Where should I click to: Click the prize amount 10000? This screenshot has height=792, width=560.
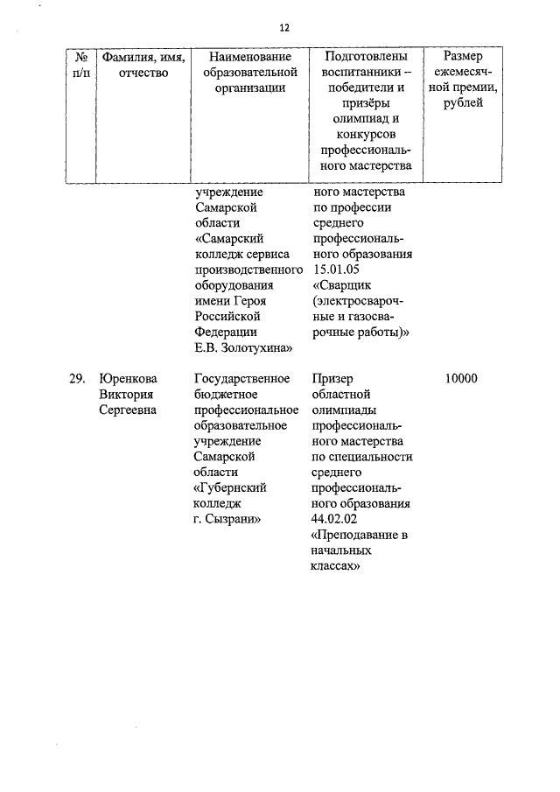(x=461, y=379)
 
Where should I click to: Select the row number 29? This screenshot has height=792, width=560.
(x=77, y=379)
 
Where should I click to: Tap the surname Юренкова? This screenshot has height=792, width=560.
(x=128, y=379)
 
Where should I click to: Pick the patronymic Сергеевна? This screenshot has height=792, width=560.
(x=128, y=410)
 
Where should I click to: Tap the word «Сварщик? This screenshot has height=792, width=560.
(x=343, y=286)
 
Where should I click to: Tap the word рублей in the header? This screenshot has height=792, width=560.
(x=469, y=104)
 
